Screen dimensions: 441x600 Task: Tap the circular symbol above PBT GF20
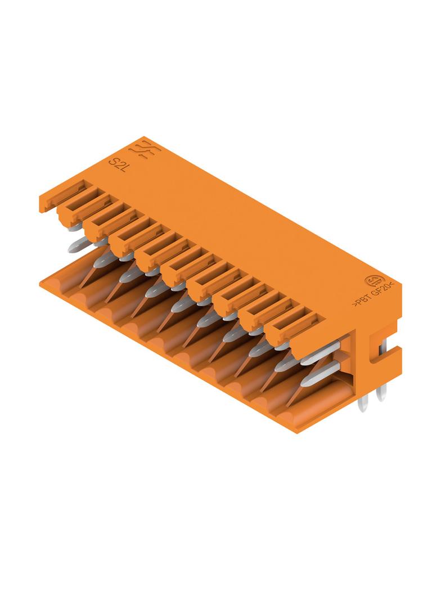coord(372,282)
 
